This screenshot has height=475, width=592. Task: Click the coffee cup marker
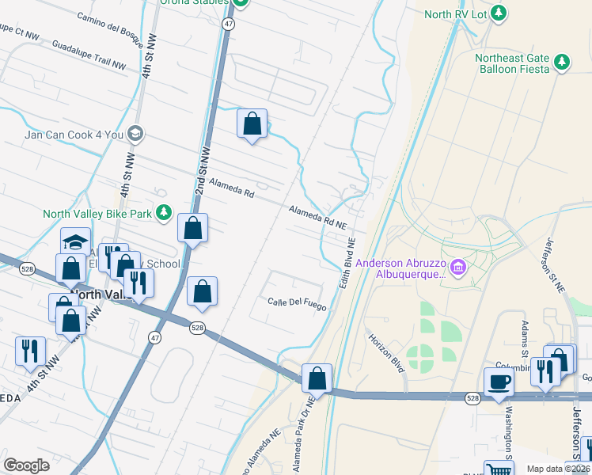click(498, 382)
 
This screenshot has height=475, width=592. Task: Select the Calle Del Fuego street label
click(296, 302)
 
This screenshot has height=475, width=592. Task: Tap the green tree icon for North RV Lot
click(499, 13)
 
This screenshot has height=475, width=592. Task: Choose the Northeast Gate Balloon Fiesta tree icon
click(561, 62)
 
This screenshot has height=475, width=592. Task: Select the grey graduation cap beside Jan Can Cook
click(135, 134)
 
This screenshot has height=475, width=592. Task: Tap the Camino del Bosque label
click(112, 30)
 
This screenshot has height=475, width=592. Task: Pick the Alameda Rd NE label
click(317, 218)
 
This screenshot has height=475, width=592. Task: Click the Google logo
click(26, 465)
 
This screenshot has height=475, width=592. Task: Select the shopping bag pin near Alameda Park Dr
click(317, 378)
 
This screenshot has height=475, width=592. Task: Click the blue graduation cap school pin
click(76, 241)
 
